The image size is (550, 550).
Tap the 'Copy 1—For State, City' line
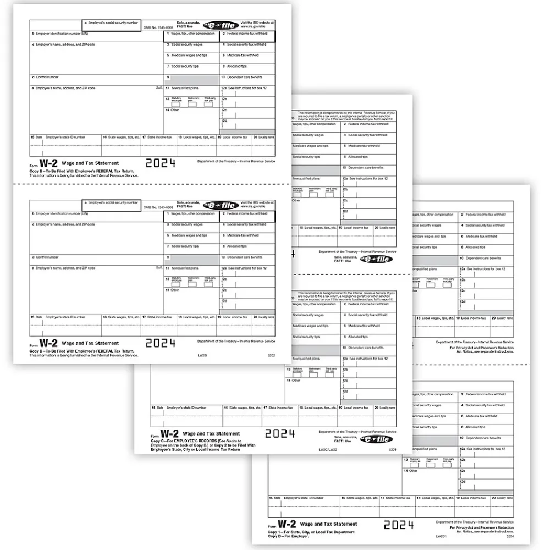click(309, 531)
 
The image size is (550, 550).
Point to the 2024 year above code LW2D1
click(399, 525)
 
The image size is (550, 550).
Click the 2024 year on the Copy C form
click(280, 433)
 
